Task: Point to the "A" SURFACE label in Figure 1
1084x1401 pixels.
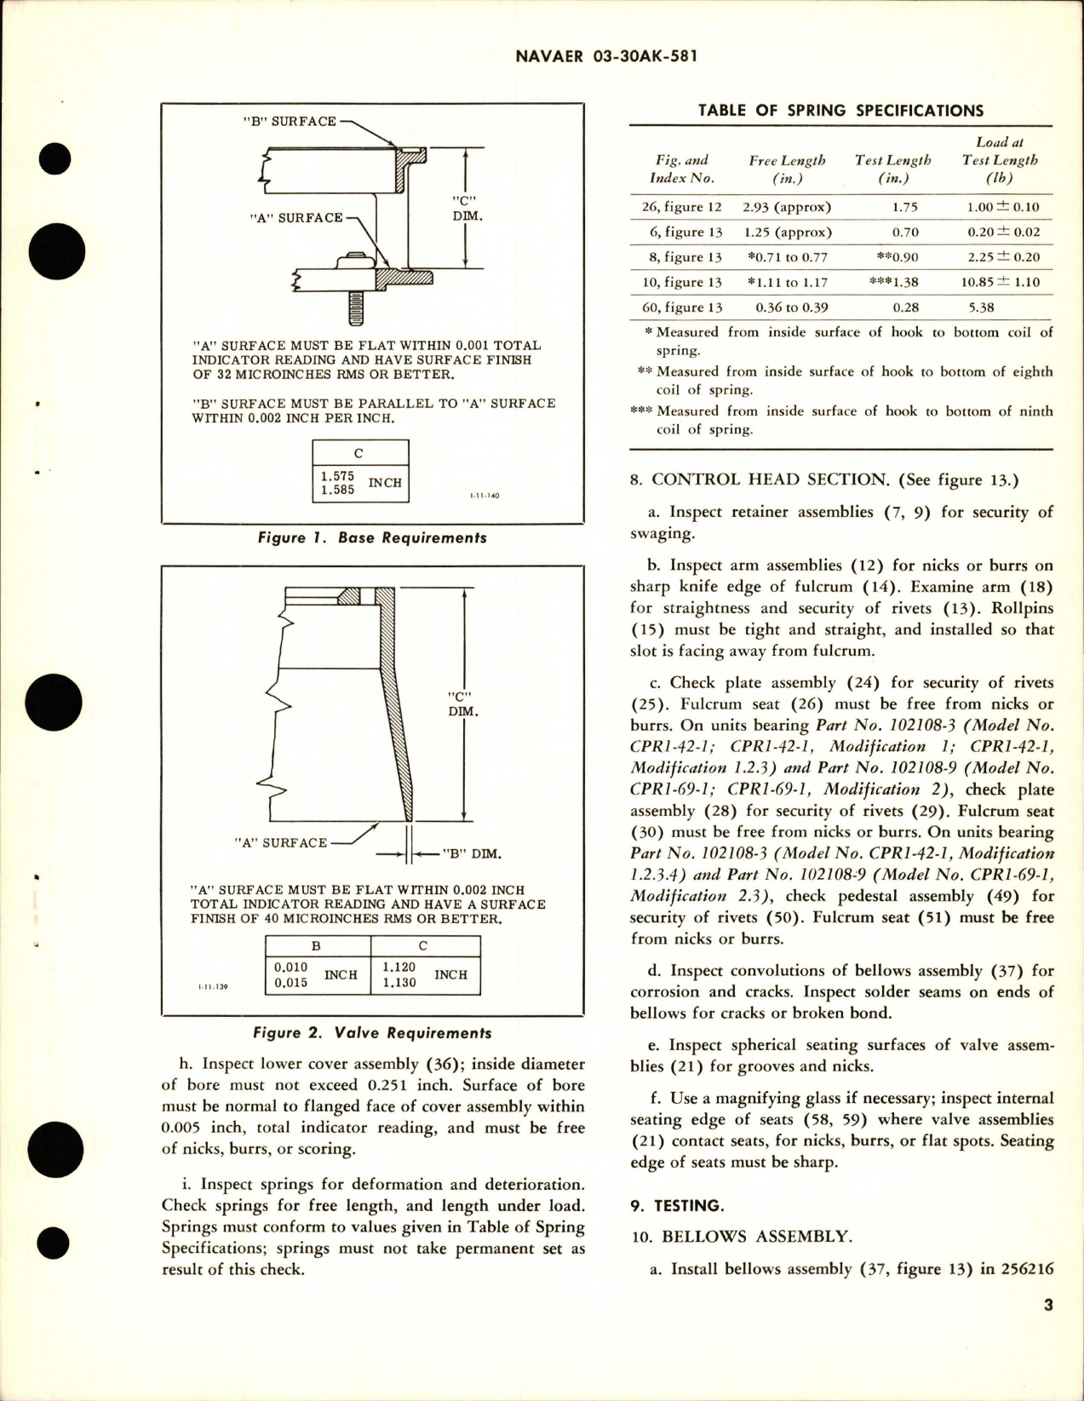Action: coord(295,218)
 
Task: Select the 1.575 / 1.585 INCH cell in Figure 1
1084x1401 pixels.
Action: coord(360,483)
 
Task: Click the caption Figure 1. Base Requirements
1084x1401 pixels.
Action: coord(371,537)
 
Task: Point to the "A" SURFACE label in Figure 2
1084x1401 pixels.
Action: coord(280,842)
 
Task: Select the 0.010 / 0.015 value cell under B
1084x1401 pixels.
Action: coord(318,975)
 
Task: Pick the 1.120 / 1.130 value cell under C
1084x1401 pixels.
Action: coord(425,975)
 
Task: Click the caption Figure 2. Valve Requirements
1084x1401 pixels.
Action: coord(372,1033)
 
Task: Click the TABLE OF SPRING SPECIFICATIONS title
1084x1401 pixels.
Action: coord(840,111)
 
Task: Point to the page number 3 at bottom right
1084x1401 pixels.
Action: coord(1048,1305)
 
